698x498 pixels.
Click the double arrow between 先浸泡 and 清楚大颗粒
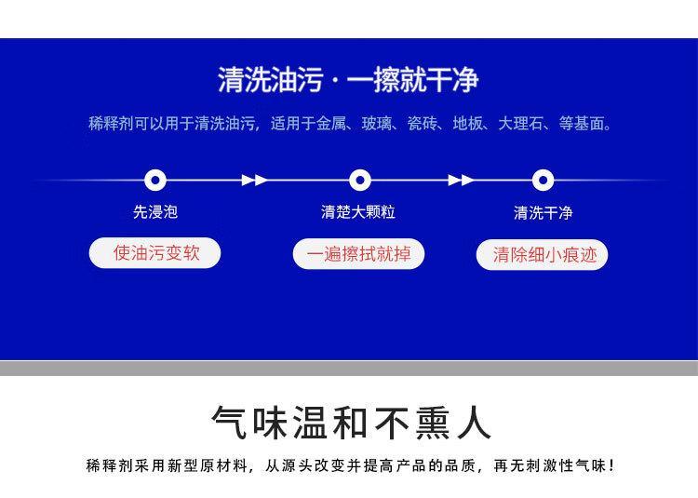tap(255, 181)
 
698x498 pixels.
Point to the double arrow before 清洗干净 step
tap(462, 181)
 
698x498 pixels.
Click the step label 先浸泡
tap(155, 212)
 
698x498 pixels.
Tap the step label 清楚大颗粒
tap(358, 212)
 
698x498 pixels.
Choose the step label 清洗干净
tap(544, 213)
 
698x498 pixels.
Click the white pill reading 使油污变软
tap(154, 253)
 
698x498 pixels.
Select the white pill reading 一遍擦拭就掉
tap(358, 254)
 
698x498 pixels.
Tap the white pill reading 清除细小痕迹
tap(543, 255)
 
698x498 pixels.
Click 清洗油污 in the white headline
tap(271, 80)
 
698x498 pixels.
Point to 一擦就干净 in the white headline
tap(412, 80)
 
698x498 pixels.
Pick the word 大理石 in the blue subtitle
tap(520, 123)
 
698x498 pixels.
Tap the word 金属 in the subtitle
tap(330, 123)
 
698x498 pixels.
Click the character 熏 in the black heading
tap(432, 423)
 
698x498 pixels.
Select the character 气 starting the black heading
tap(229, 423)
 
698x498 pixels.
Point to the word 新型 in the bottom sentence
tap(182, 466)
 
